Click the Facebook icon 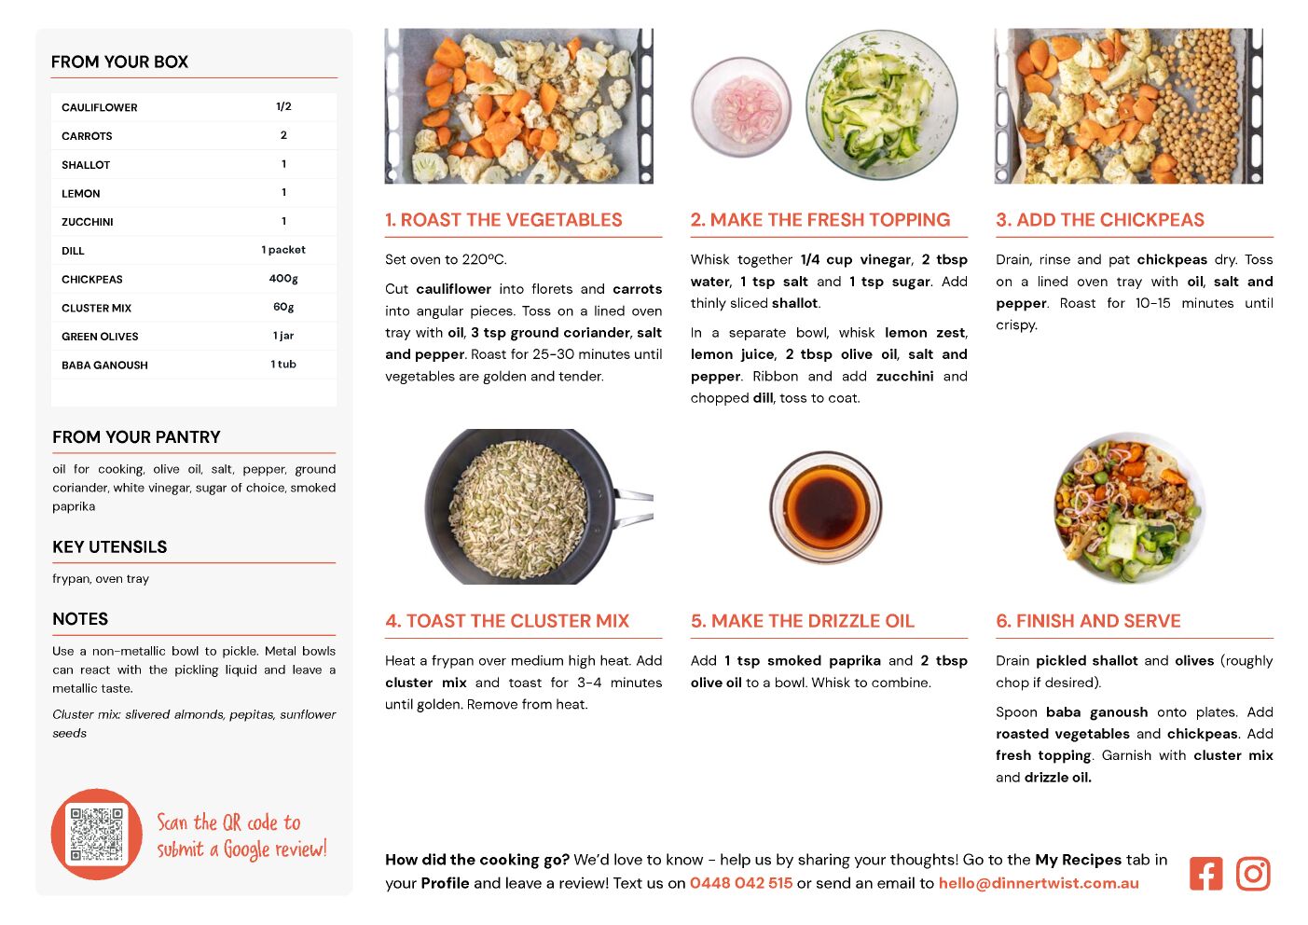1205,874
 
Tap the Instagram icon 1253,874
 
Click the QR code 97,835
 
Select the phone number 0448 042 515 741,883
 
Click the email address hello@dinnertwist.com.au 1039,883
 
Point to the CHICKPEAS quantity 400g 283,279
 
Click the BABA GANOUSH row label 104,366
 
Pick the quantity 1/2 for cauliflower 283,106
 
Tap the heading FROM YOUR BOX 119,62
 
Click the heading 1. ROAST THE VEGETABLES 503,220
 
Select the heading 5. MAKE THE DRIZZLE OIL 803,621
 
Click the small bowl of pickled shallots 740,105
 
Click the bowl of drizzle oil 825,506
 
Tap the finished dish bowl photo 1129,506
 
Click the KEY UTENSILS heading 110,547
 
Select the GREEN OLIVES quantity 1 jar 283,336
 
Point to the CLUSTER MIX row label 96,308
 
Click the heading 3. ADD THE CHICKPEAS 1100,220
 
